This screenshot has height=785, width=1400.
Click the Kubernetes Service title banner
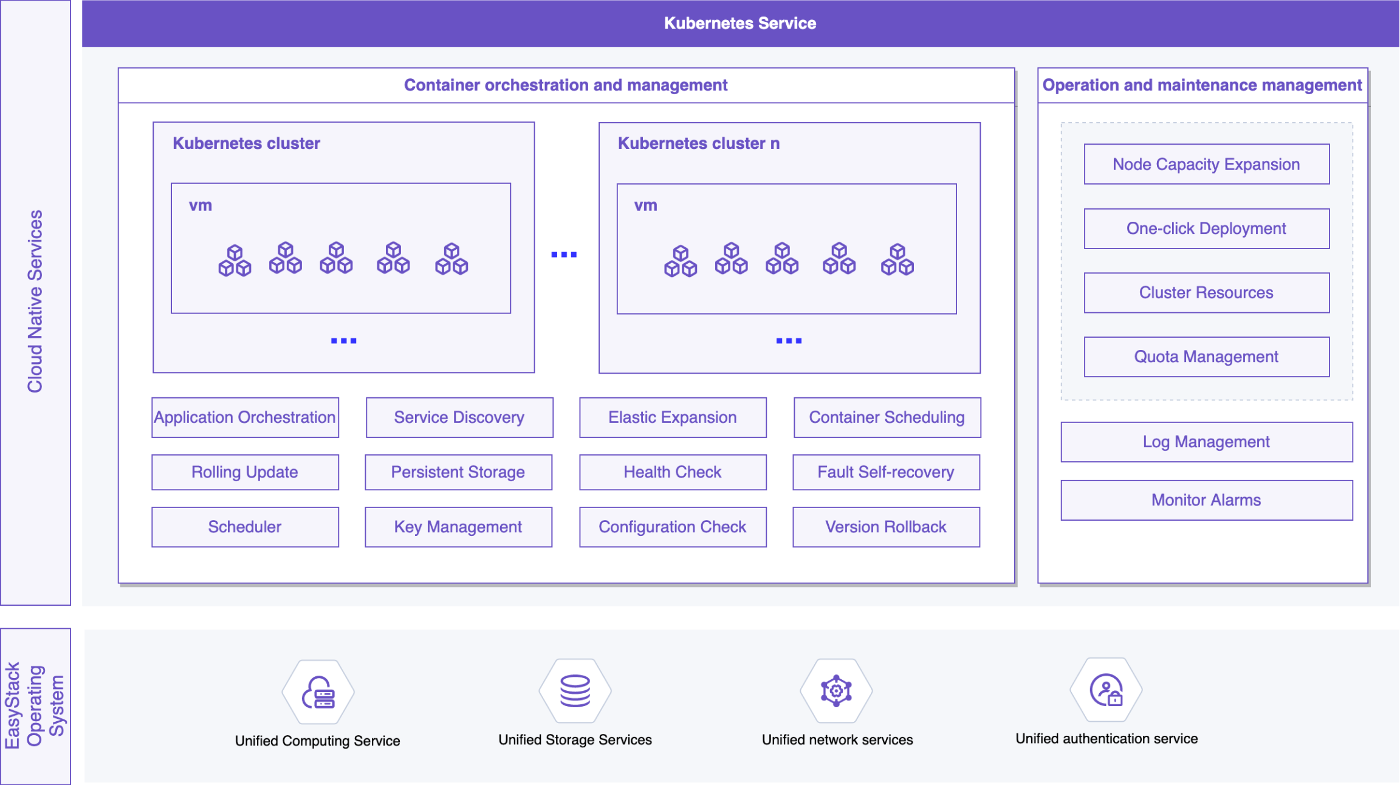(x=740, y=23)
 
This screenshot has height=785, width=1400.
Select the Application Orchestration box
(x=245, y=417)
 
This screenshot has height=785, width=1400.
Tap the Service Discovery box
(x=459, y=417)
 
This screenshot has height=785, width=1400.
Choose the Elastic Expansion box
(x=673, y=417)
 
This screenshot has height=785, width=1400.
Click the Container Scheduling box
(x=887, y=417)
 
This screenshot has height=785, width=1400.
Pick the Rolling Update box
(x=245, y=472)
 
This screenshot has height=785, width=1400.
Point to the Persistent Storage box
(x=458, y=472)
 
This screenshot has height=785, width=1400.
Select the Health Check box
(x=673, y=472)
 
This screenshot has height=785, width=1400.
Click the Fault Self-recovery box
(x=886, y=472)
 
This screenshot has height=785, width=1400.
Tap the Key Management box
(x=458, y=527)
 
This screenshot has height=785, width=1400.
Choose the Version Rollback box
(x=886, y=527)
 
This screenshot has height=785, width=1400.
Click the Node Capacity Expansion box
(x=1207, y=164)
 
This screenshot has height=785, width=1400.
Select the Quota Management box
(x=1207, y=357)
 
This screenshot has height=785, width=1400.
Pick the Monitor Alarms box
(x=1207, y=500)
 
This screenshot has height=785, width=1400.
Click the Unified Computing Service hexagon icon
(x=318, y=692)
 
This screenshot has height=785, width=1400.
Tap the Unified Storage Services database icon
(x=575, y=691)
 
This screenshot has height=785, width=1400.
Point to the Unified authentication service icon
(x=1107, y=690)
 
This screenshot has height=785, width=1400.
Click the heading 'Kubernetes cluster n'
(x=699, y=143)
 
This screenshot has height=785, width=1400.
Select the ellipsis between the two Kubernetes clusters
(x=564, y=255)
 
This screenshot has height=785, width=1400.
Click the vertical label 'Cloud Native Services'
(x=35, y=301)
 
